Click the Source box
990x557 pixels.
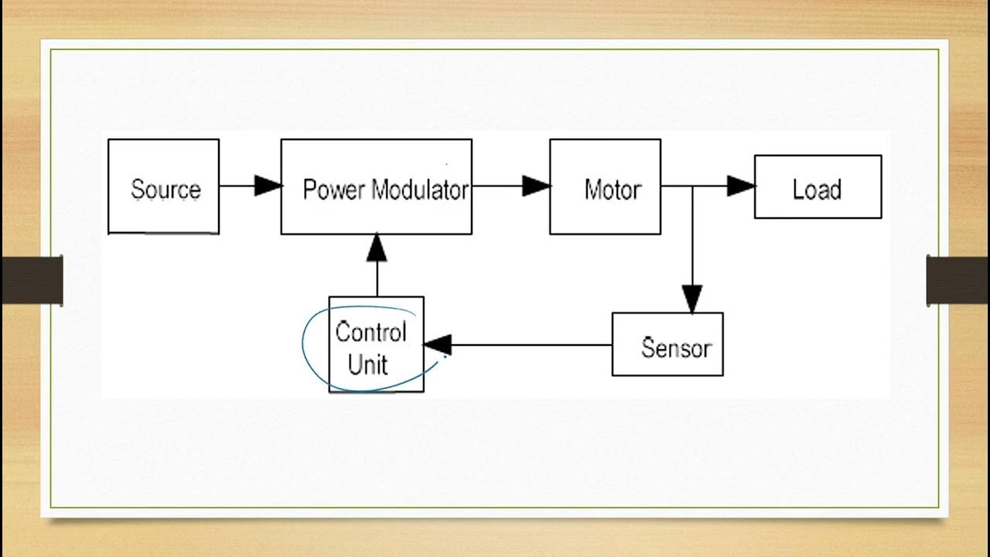[x=163, y=186]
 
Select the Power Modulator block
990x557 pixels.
[x=376, y=186]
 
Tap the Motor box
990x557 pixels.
[x=605, y=186]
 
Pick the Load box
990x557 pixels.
[x=818, y=186]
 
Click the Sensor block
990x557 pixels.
[x=667, y=344]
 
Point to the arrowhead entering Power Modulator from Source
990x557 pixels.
[x=268, y=186]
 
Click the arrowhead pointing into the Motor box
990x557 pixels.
[x=536, y=186]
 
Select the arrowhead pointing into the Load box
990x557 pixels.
[x=741, y=186]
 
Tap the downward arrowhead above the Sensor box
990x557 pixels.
[x=692, y=299]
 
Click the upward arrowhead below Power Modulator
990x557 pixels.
[x=377, y=247]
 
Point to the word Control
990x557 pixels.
[x=370, y=333]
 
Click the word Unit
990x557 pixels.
[x=368, y=364]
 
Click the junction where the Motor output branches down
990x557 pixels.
[x=692, y=186]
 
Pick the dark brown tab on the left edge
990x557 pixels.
[x=32, y=280]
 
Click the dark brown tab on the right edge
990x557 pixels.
[x=958, y=280]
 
